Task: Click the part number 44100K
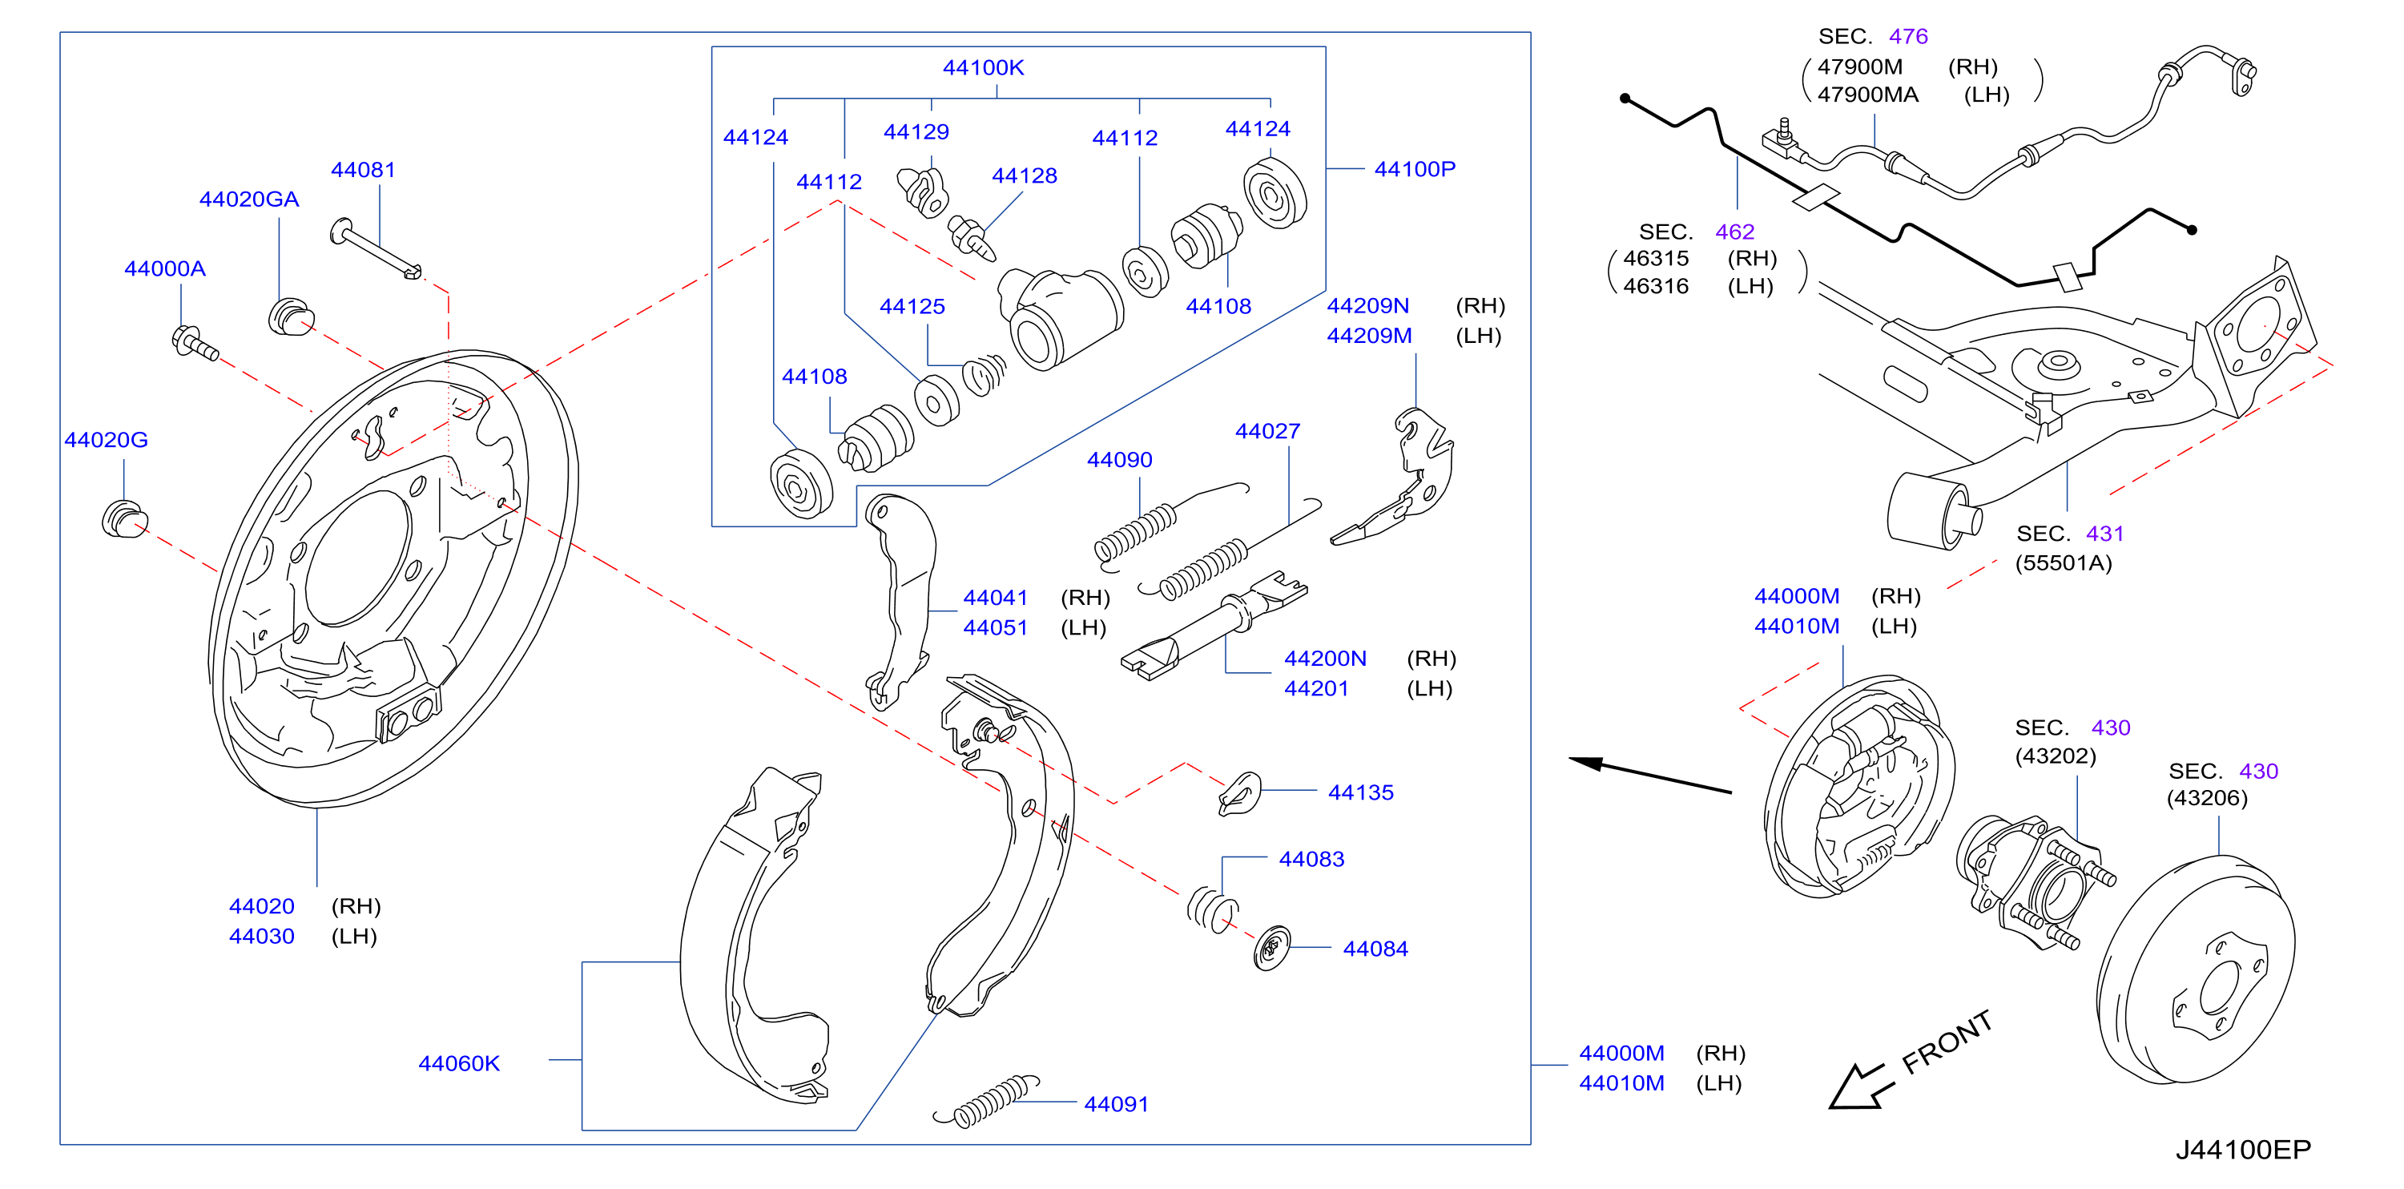point(983,67)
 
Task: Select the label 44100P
point(1415,169)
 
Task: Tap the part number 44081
point(363,170)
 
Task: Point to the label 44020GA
point(249,199)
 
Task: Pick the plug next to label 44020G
point(124,519)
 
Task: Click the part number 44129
point(916,131)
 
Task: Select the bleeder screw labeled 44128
point(972,237)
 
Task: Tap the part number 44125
point(912,306)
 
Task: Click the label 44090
point(1120,459)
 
